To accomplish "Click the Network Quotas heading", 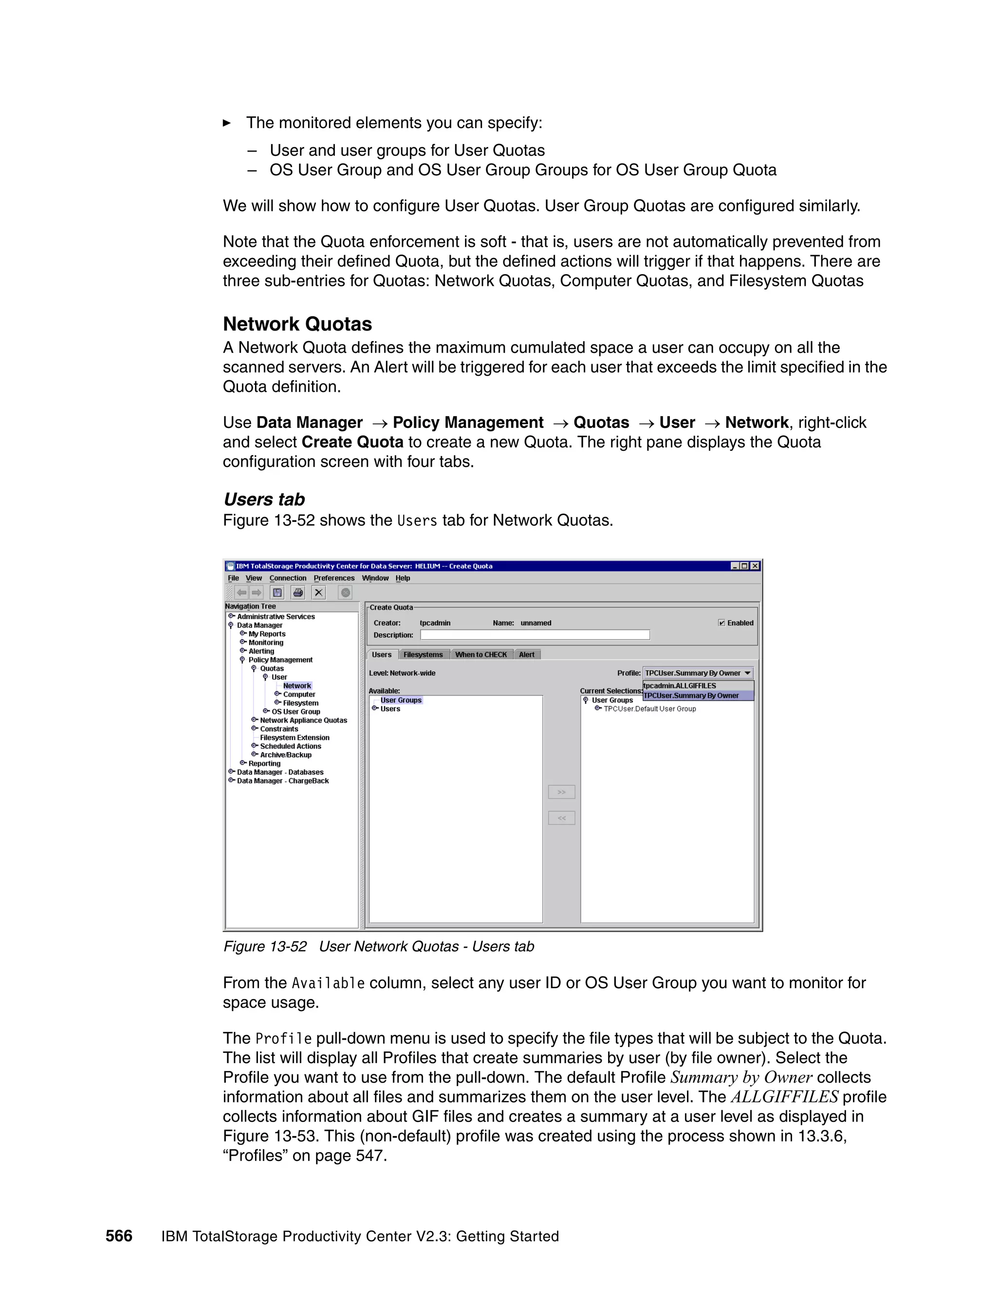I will (297, 324).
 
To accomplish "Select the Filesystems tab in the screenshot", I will (423, 654).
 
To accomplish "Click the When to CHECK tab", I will (481, 654).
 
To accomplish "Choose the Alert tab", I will (526, 654).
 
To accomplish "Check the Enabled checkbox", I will (721, 623).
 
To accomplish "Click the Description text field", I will (535, 635).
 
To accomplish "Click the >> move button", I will (561, 792).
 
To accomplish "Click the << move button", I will (561, 818).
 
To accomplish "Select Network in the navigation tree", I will (296, 686).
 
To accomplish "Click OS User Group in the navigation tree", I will (295, 712).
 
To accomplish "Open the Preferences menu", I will (333, 578).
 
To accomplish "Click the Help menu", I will (402, 578).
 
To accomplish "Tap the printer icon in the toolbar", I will (298, 592).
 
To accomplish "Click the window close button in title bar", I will (755, 566).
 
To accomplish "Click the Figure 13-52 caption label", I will (265, 946).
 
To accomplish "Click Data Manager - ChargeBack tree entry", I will (282, 781).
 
